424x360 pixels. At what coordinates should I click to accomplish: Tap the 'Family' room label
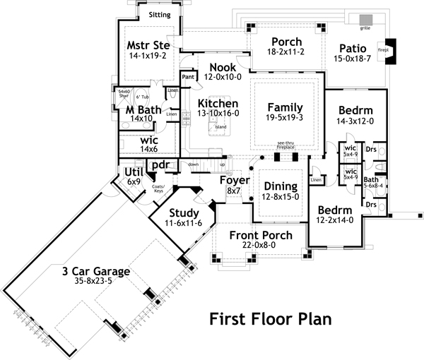point(285,107)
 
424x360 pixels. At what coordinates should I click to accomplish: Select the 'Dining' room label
point(281,186)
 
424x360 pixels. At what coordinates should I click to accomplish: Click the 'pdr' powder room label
point(159,165)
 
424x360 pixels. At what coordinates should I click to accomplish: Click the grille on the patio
point(365,19)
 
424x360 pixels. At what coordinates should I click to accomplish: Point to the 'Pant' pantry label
point(188,76)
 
